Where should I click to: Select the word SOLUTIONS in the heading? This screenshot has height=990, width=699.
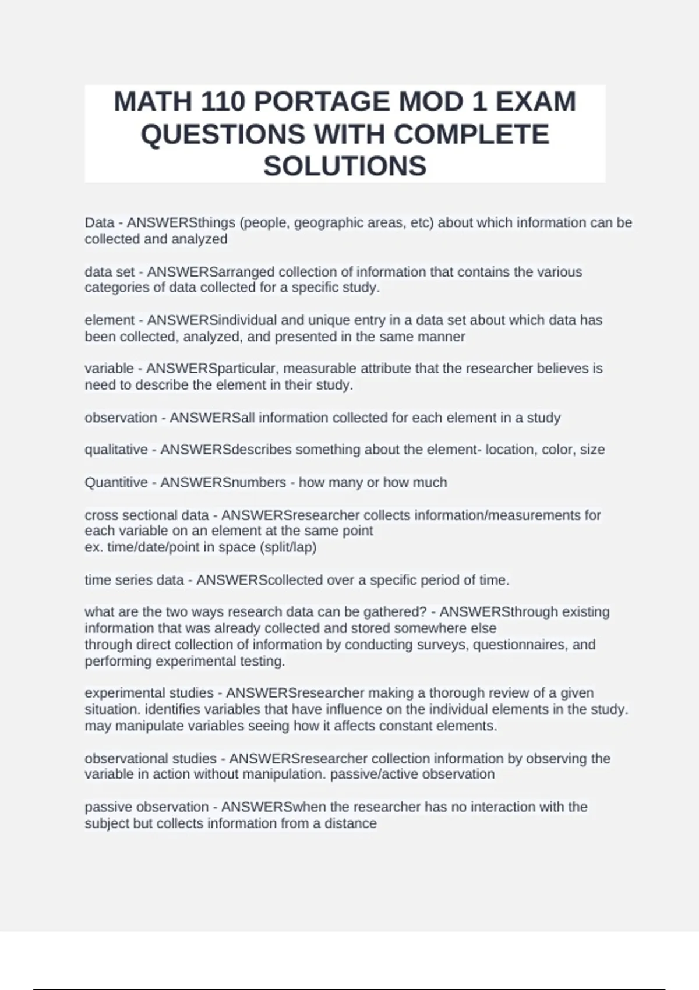pyautogui.click(x=345, y=166)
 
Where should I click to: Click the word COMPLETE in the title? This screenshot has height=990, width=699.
pyautogui.click(x=471, y=134)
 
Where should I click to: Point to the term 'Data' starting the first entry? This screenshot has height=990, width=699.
pyautogui.click(x=99, y=223)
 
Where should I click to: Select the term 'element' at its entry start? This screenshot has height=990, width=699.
pyautogui.click(x=110, y=320)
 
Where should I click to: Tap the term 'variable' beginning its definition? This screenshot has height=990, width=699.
pyautogui.click(x=109, y=369)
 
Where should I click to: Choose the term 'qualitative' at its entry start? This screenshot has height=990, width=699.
pyautogui.click(x=116, y=450)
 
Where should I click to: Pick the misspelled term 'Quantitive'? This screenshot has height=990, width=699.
pyautogui.click(x=116, y=483)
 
